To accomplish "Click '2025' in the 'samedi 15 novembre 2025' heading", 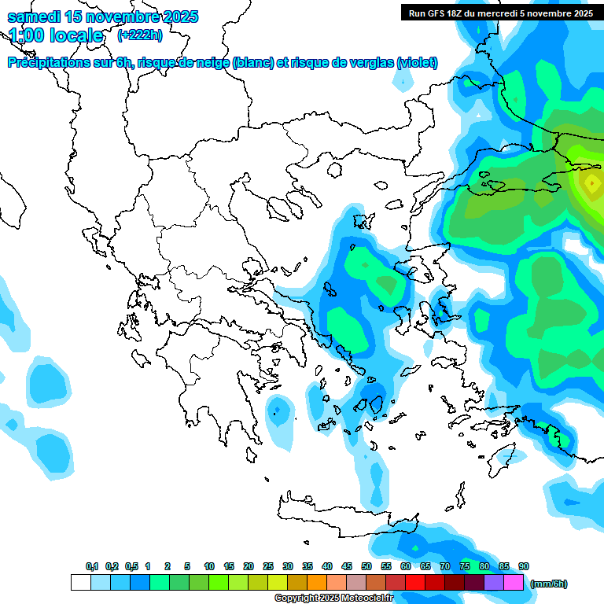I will coord(178,17).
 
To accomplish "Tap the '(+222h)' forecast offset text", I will coord(140,35).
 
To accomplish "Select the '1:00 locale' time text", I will coord(55,35).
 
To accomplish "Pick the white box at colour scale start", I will coord(80,583).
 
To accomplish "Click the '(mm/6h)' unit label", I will coord(548,584).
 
